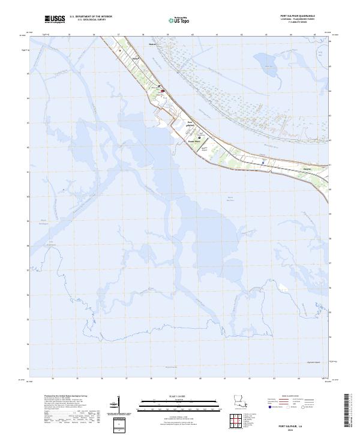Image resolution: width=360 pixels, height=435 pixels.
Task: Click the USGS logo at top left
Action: [55, 19]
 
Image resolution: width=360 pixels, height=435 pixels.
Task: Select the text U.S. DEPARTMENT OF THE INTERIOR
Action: [91, 16]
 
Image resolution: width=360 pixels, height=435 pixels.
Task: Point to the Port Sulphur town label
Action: [191, 124]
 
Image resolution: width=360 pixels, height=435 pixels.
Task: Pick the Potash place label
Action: [136, 58]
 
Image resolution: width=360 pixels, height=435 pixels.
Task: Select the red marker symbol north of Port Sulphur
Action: [163, 91]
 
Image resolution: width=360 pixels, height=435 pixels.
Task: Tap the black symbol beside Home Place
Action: [200, 137]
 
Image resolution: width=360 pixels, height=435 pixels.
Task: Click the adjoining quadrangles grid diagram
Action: [238, 421]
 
